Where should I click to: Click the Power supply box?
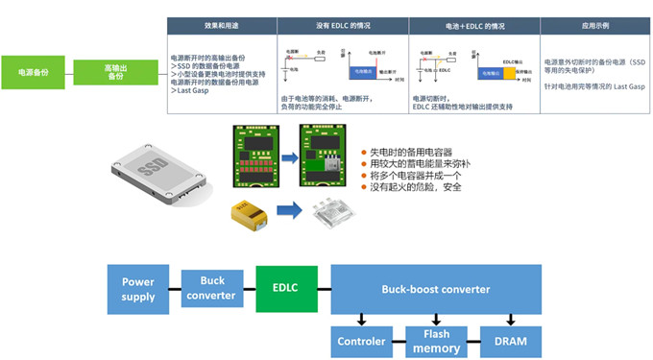coord(138,289)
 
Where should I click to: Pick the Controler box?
coord(361,342)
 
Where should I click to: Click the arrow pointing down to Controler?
coord(361,320)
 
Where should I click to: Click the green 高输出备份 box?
coord(115,70)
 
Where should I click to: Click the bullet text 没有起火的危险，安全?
coord(417,186)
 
